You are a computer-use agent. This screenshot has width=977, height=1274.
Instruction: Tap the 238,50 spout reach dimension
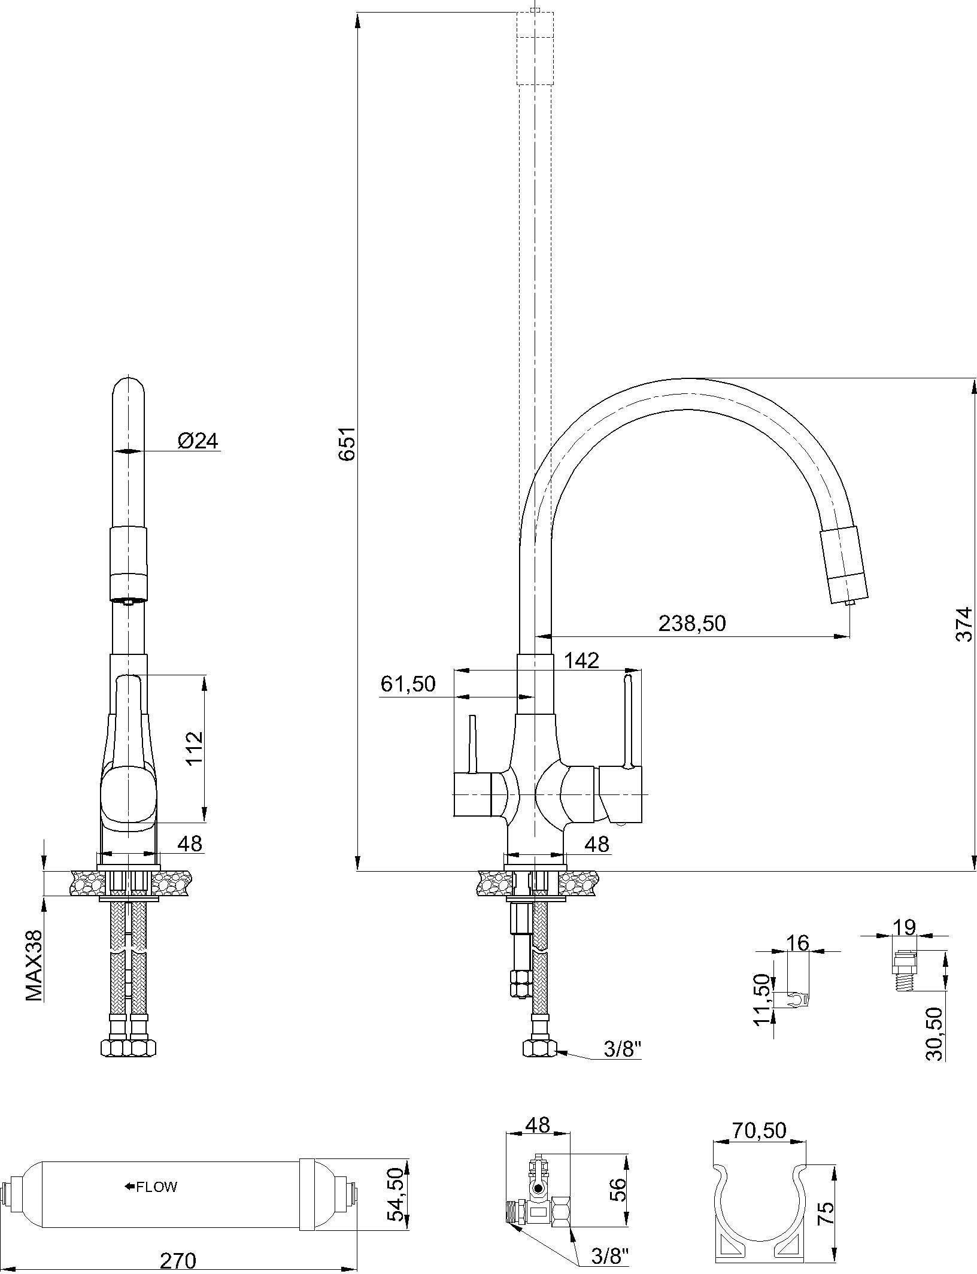(692, 623)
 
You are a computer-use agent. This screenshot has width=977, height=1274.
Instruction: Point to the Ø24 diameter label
(198, 441)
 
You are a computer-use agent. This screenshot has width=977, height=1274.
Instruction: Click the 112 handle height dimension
(195, 749)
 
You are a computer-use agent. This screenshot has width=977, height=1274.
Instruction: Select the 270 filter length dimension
(178, 1261)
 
